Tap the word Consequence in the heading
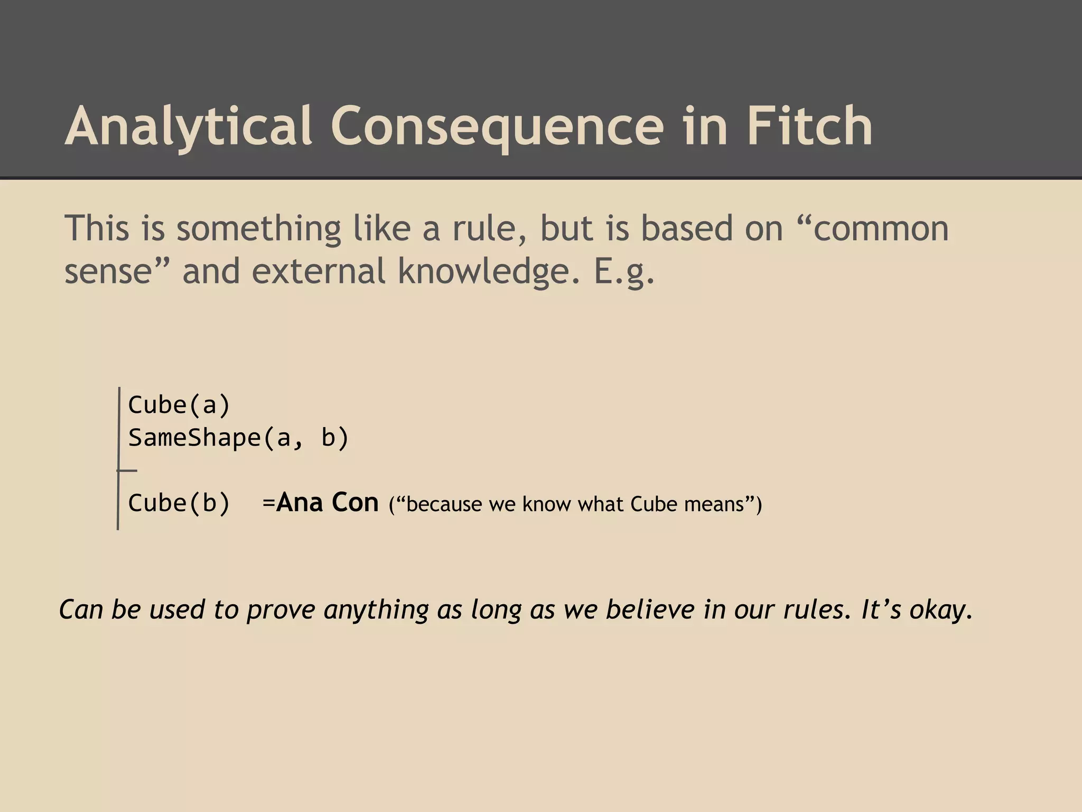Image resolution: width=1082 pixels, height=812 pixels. click(x=497, y=127)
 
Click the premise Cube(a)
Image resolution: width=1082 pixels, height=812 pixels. click(x=179, y=405)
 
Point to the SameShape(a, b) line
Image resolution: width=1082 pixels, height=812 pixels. click(x=238, y=438)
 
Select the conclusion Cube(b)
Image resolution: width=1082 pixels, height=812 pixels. click(x=179, y=503)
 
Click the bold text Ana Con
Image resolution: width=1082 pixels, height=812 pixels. click(x=328, y=502)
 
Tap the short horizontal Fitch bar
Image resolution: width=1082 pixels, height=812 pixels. click(x=127, y=470)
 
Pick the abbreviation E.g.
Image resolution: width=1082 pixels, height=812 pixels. click(x=624, y=272)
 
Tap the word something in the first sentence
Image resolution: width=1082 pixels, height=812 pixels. click(x=259, y=229)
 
